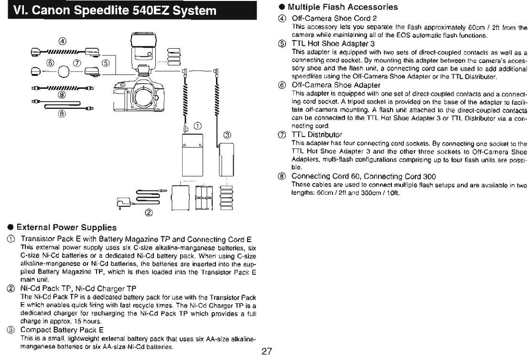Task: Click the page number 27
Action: tap(267, 352)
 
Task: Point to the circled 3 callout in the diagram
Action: tap(227, 135)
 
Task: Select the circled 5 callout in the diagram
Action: tap(106, 63)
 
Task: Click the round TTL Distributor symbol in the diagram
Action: tap(63, 74)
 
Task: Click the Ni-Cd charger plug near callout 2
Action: tap(125, 202)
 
